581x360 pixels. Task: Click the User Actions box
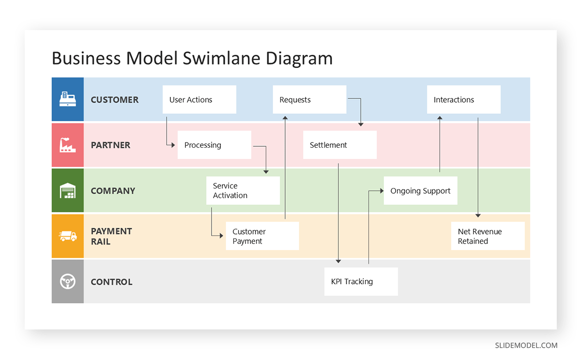click(199, 100)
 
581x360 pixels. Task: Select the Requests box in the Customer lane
click(309, 100)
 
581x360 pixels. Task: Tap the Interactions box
click(463, 100)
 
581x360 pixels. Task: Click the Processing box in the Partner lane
click(214, 145)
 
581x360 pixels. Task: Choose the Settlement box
click(340, 145)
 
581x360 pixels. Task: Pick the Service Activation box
click(243, 190)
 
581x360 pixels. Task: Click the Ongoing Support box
click(420, 191)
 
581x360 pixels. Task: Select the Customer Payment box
click(262, 236)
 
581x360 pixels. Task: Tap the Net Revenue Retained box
click(488, 236)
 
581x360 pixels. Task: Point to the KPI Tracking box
click(361, 282)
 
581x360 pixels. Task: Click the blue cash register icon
click(67, 99)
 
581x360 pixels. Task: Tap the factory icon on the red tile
click(67, 145)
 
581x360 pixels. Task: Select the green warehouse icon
click(67, 190)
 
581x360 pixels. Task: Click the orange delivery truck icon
click(67, 236)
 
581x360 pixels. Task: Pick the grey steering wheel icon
click(67, 282)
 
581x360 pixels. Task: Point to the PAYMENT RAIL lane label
click(111, 236)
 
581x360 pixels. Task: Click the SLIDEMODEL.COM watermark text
click(526, 345)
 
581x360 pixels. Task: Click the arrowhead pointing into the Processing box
click(173, 145)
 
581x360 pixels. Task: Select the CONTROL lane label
click(111, 282)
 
